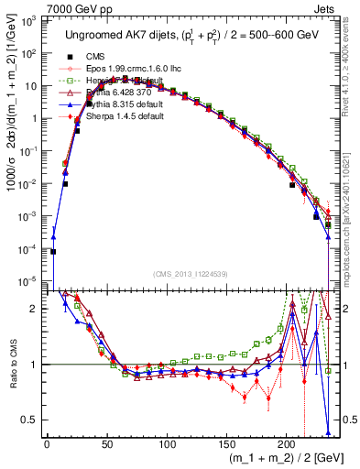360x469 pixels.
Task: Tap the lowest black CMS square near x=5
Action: click(x=53, y=251)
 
